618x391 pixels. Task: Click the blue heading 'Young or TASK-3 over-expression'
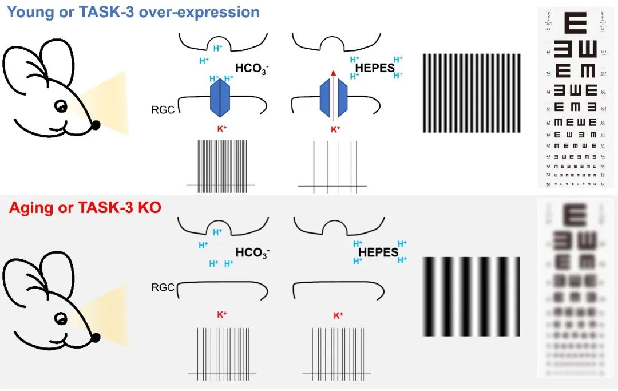133,12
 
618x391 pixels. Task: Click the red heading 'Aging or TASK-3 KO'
85,207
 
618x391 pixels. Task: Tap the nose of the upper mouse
95,124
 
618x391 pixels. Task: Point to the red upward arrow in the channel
334,73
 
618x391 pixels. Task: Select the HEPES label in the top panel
375,68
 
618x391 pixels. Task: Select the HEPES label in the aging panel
378,252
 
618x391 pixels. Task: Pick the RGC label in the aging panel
163,287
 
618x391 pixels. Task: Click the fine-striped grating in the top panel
472,93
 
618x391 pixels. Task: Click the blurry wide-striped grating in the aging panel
471,297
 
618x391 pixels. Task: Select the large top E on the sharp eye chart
576,23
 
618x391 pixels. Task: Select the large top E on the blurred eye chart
575,215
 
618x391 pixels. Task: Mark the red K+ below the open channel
335,129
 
